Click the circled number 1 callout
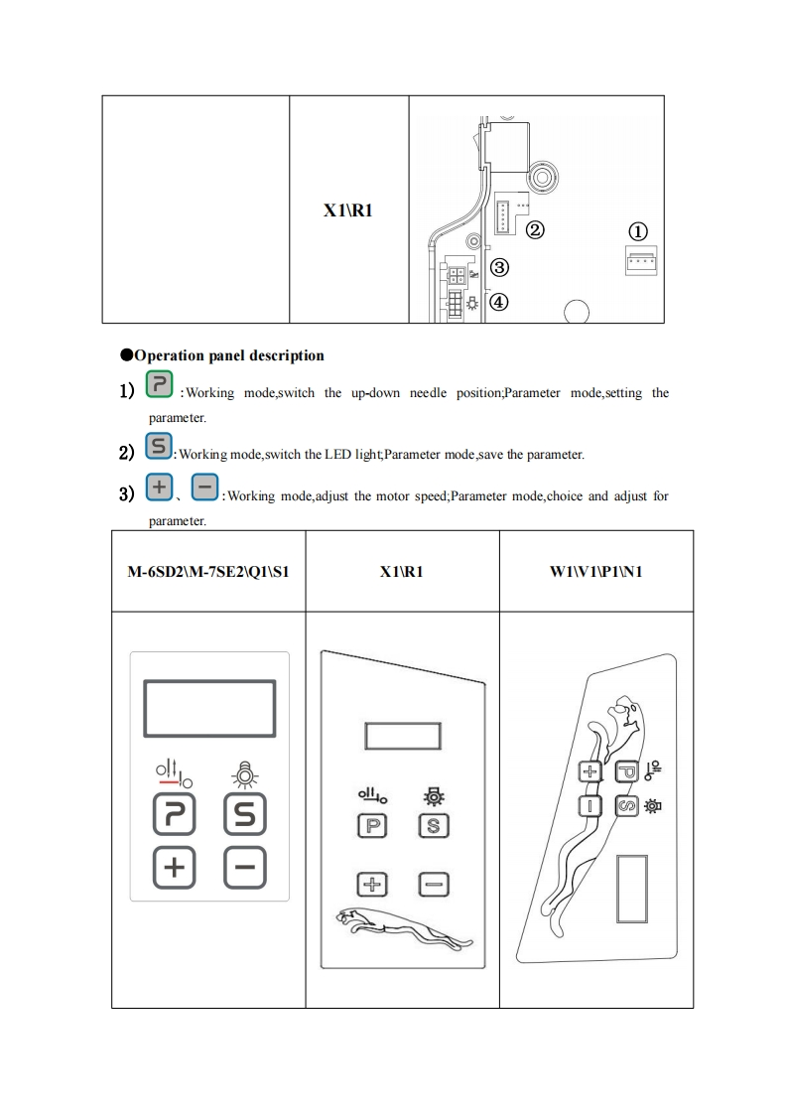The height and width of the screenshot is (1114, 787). (x=639, y=230)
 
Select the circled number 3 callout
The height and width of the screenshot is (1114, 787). (x=500, y=267)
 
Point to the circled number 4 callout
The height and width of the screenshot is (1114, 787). (x=500, y=303)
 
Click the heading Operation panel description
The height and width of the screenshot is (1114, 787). (x=228, y=355)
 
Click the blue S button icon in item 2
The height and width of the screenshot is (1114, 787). (x=159, y=447)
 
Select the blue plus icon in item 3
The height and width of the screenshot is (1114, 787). (x=159, y=488)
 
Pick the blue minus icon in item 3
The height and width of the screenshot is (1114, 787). (x=204, y=488)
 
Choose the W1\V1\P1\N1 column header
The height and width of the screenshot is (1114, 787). (x=595, y=572)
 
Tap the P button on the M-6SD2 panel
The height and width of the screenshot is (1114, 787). (x=174, y=817)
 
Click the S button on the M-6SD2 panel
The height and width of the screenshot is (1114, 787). (x=244, y=817)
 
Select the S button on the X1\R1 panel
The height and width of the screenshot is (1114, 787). (x=433, y=825)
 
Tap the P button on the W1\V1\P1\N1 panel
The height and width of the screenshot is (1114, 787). (x=626, y=770)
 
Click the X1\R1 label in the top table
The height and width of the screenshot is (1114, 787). (x=348, y=210)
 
